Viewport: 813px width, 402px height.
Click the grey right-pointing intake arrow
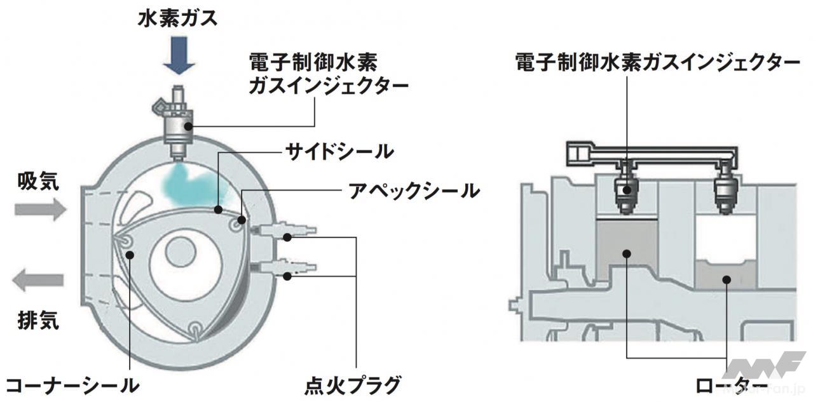point(40,208)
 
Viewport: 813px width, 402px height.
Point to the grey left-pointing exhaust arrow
point(40,279)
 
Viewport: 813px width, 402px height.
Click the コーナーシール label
point(70,385)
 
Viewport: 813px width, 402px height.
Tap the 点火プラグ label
point(352,385)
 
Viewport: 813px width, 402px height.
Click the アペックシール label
point(413,190)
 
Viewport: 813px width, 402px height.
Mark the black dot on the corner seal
point(130,255)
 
